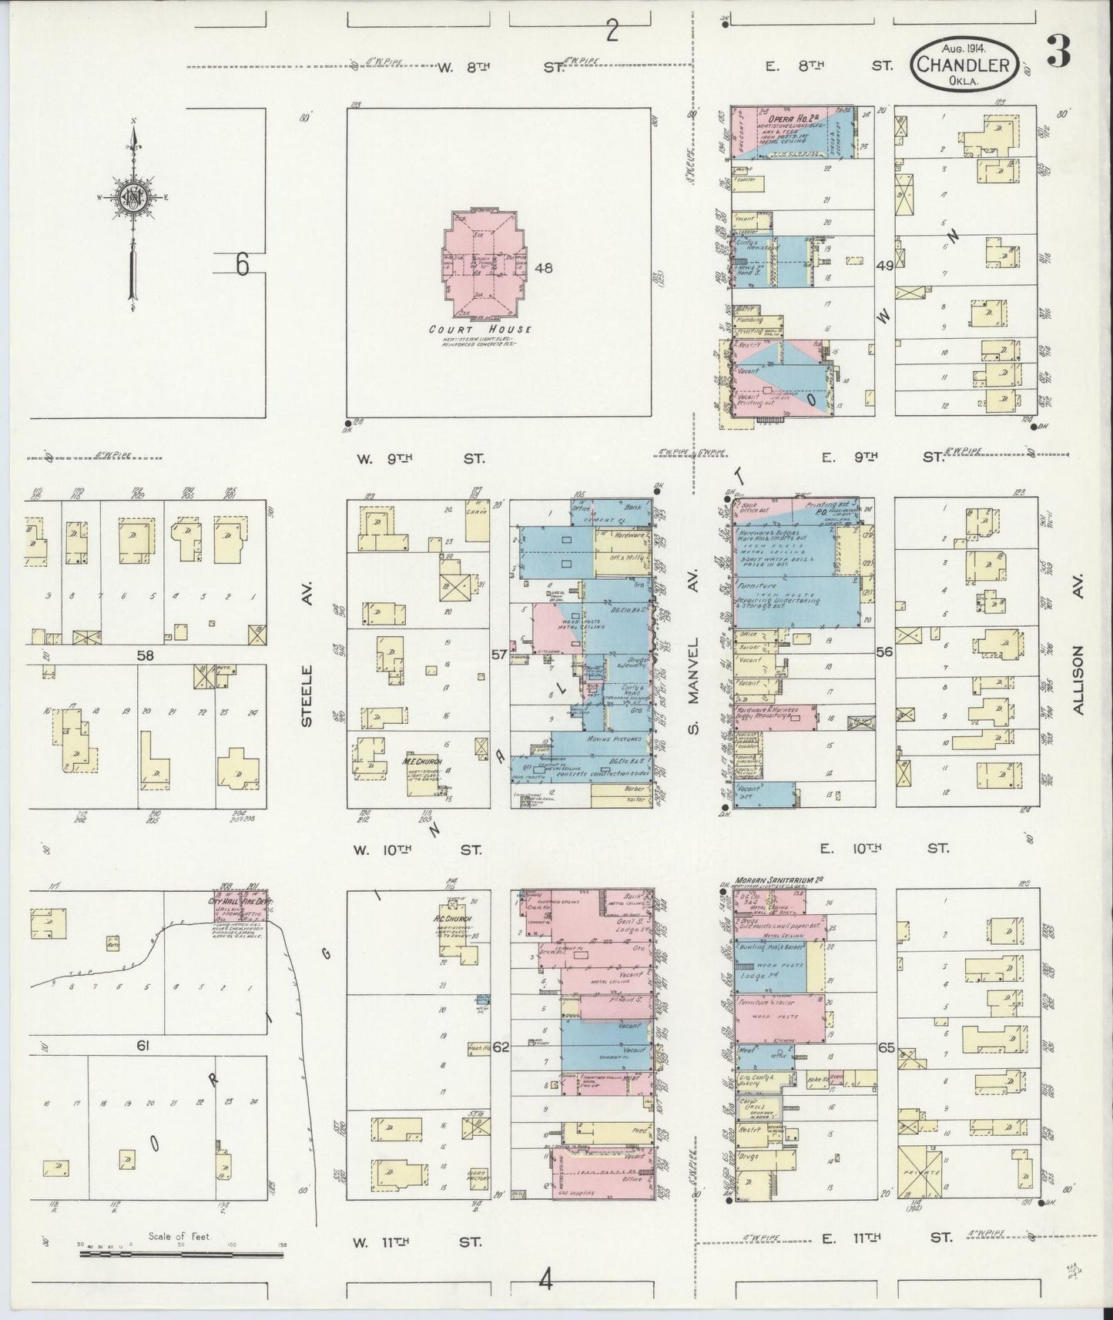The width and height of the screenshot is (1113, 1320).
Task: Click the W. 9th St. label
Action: [421, 458]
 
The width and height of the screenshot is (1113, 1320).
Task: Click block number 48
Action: [545, 268]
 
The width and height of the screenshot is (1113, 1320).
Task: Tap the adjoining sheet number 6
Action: [243, 264]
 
